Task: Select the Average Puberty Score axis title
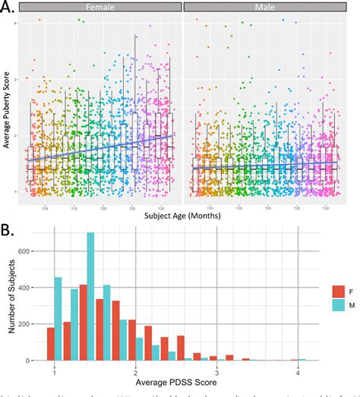pyautogui.click(x=7, y=106)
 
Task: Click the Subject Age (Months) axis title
pyautogui.click(x=179, y=215)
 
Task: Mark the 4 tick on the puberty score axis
pyautogui.click(x=16, y=24)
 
